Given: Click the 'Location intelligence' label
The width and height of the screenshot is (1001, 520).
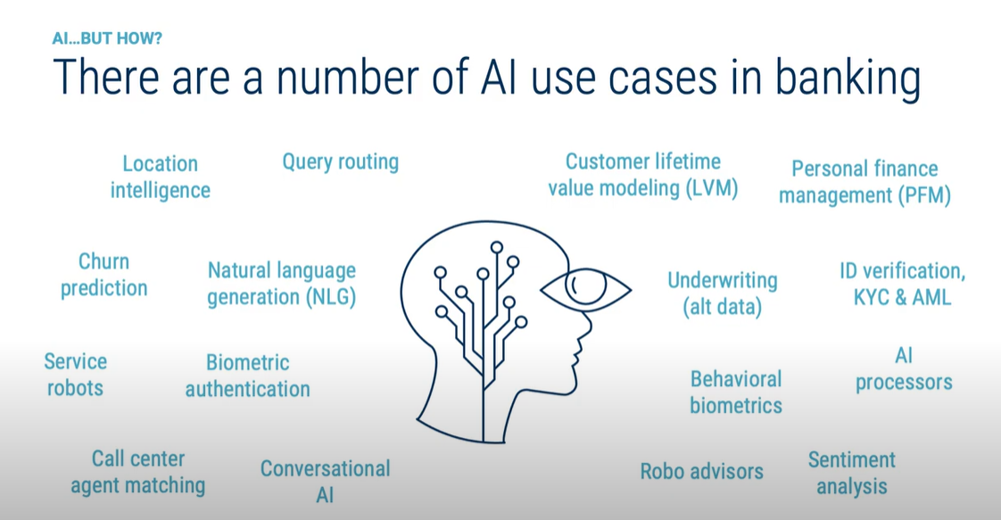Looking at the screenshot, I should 161,177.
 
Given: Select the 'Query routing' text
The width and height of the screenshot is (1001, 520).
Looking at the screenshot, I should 340,162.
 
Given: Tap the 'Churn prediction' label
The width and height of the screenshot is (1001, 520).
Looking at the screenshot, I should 103,275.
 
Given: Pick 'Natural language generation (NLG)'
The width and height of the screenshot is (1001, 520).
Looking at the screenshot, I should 282,284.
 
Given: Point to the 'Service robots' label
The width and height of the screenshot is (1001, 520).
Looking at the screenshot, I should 75,375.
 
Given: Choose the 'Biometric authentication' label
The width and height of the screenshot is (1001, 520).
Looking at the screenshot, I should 247,376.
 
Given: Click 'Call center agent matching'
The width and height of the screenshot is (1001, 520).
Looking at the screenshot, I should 138,472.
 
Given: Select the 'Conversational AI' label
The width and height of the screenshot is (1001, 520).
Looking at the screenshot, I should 325,481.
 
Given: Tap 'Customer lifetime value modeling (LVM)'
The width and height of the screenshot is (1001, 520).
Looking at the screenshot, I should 642,175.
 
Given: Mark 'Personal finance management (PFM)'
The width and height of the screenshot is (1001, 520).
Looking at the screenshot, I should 864,182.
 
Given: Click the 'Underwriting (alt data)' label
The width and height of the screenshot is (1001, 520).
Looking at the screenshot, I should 723,294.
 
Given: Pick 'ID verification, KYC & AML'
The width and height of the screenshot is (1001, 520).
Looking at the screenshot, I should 902,284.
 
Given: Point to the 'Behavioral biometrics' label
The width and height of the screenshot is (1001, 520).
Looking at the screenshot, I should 736,392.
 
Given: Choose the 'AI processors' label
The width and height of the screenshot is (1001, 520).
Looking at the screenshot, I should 904,369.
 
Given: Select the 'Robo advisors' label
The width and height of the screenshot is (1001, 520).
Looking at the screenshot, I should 701,471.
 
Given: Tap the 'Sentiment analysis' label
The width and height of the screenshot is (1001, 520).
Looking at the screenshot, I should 852,473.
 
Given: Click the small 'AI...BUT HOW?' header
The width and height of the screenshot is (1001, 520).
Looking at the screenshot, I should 107,38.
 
